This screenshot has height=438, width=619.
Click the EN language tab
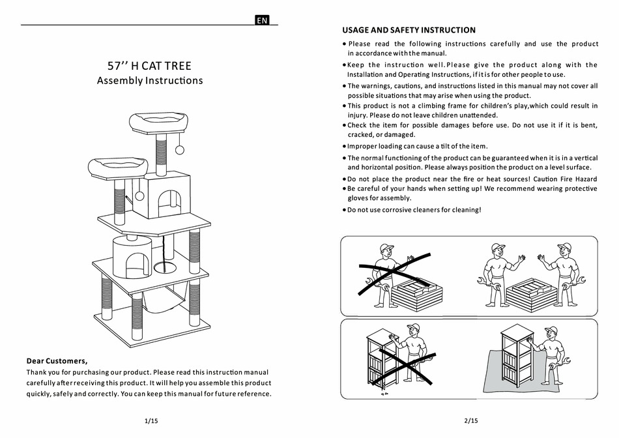click(262, 20)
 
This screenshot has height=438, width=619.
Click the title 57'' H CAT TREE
click(149, 66)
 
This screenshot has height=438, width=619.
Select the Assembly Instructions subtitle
click(150, 81)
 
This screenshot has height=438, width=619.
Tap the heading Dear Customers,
click(57, 360)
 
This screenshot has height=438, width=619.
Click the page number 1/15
click(151, 421)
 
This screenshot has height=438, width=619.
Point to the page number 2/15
click(470, 421)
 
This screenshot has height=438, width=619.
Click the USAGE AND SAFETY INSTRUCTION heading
click(409, 30)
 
